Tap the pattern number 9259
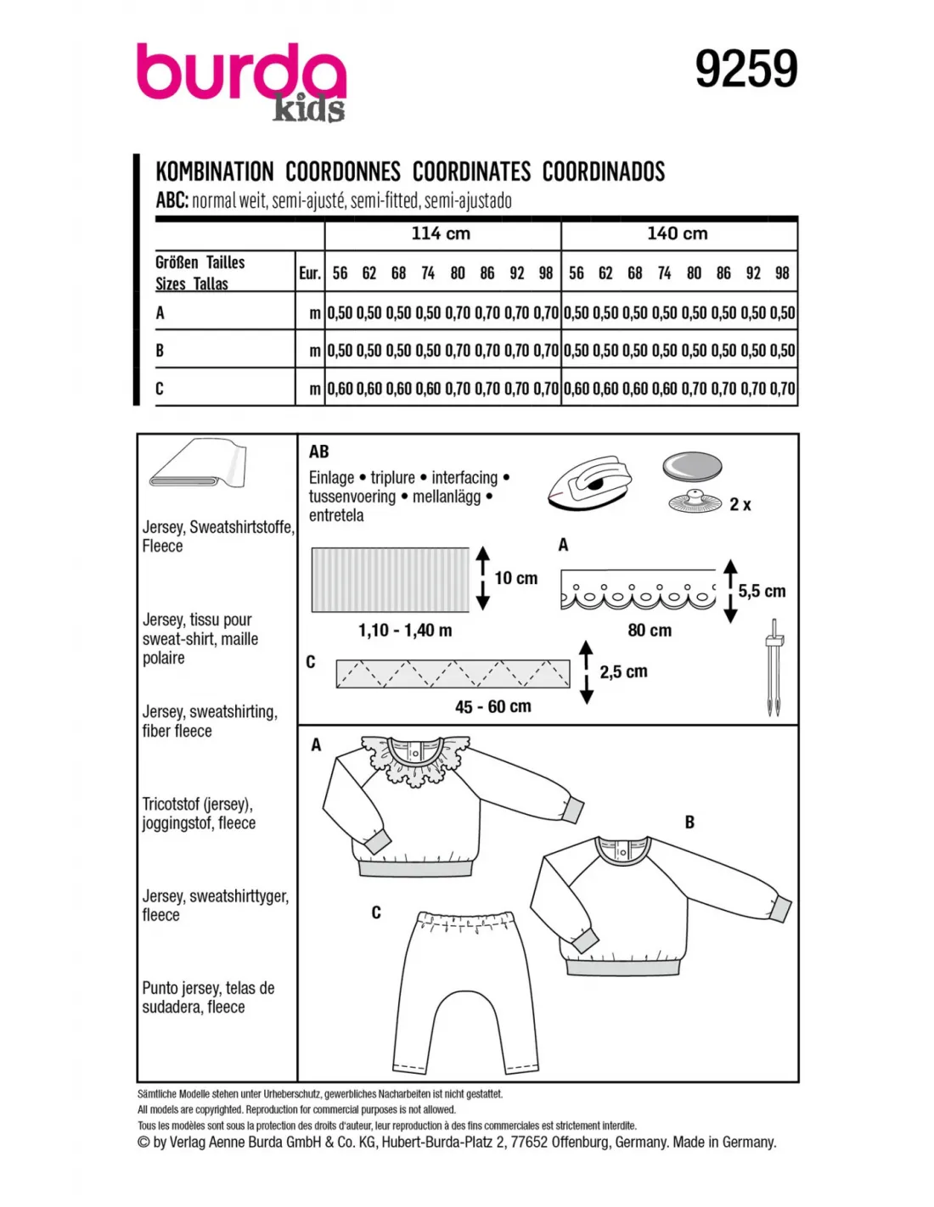(746, 70)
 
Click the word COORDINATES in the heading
(471, 171)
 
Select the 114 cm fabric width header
(441, 233)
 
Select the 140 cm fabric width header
(677, 233)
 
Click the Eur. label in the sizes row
(310, 273)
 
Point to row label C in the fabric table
(160, 389)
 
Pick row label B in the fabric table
(160, 351)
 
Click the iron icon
(589, 484)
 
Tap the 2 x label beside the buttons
(740, 505)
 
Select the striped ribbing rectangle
(390, 580)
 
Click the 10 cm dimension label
(515, 578)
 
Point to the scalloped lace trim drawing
(638, 590)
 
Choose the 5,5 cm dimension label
(762, 591)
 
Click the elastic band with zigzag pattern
(453, 673)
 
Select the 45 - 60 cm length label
(492, 706)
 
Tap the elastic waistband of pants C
(467, 921)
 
